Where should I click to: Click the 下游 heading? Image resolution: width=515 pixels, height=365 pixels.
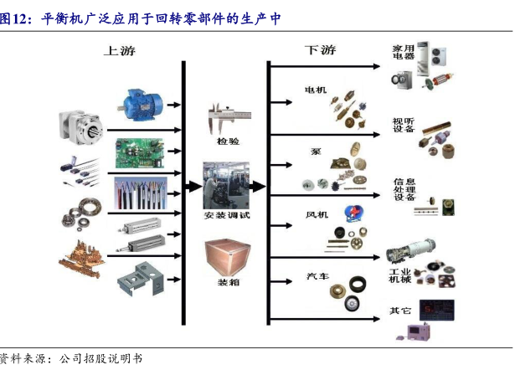tap(319, 50)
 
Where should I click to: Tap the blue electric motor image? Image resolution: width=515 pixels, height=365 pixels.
tap(144, 103)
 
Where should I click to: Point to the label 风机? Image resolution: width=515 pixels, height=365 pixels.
tap(317, 214)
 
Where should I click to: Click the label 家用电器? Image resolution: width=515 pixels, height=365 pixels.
tap(404, 56)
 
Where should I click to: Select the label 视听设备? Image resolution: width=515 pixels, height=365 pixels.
tap(404, 125)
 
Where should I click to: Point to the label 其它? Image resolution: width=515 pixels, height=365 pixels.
tap(399, 311)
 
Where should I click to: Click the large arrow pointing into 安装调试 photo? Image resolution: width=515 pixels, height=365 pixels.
tap(192, 186)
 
